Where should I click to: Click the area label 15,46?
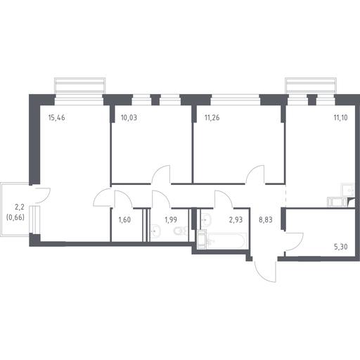click(x=56, y=117)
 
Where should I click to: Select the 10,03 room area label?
click(x=129, y=117)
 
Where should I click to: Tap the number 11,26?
click(x=212, y=117)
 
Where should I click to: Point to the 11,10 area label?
click(x=340, y=117)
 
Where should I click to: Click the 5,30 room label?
click(x=341, y=247)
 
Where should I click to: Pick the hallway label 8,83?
click(x=266, y=220)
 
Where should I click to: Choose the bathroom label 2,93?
click(x=236, y=220)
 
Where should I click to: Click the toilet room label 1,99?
click(x=171, y=220)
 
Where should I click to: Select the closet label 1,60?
click(x=124, y=220)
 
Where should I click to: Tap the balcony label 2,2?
click(x=20, y=207)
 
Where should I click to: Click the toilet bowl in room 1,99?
click(x=181, y=231)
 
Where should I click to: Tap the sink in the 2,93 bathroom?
click(x=206, y=220)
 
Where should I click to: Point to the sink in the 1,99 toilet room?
click(x=155, y=231)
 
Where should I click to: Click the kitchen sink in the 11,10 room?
click(x=348, y=190)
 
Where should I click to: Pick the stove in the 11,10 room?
click(x=337, y=202)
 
